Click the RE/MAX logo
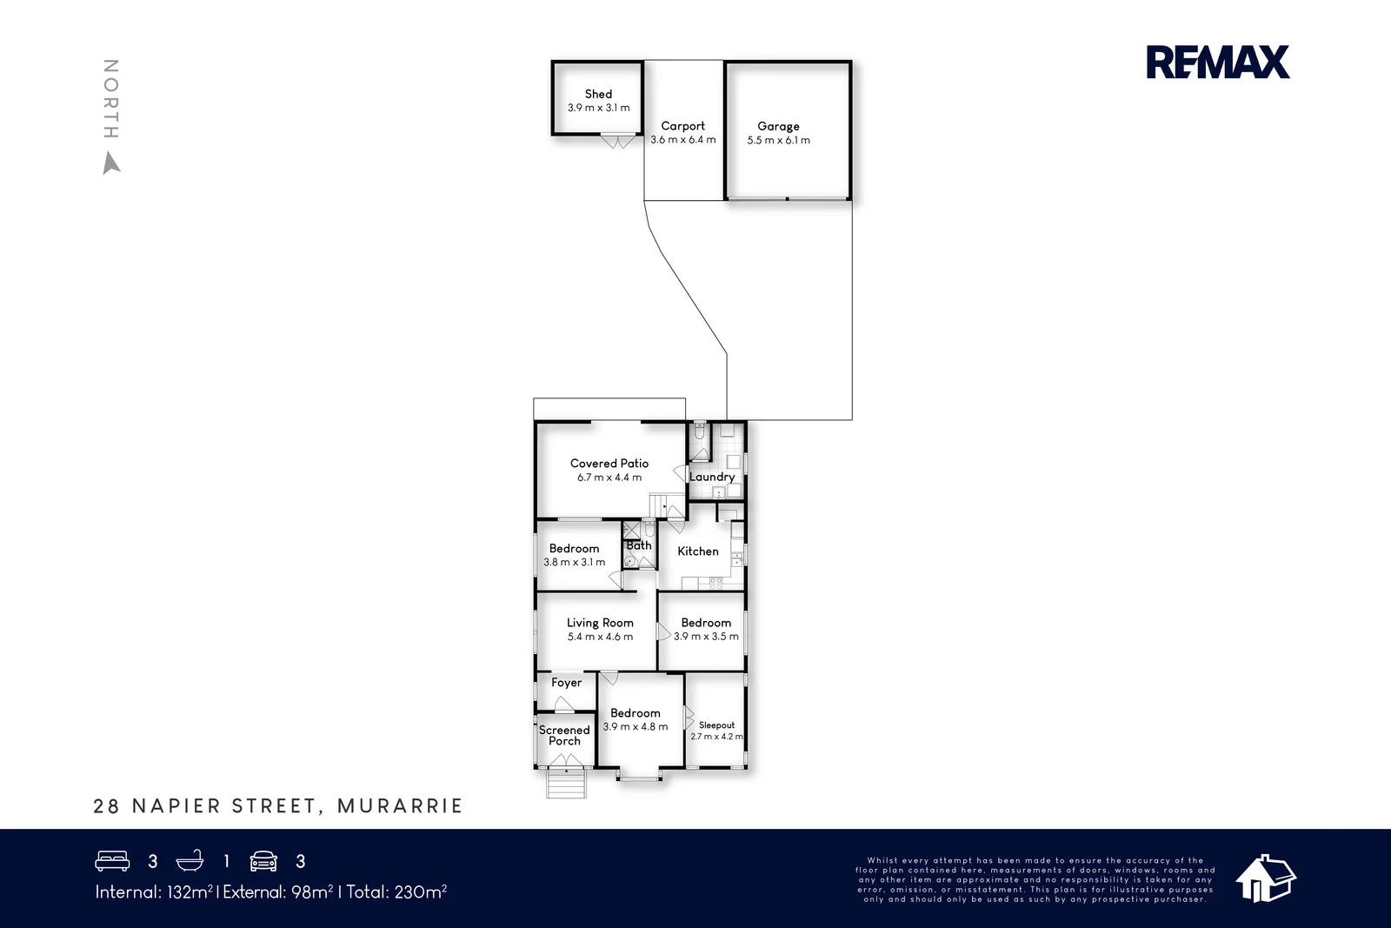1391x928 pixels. click(x=1218, y=62)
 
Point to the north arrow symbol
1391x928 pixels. click(x=111, y=164)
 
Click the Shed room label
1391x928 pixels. click(x=599, y=94)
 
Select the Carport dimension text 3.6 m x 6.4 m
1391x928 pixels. click(x=683, y=140)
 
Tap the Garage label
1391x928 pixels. click(x=778, y=126)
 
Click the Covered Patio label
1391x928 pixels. click(x=609, y=464)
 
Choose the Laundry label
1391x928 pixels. click(x=712, y=477)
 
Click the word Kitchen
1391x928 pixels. click(x=698, y=551)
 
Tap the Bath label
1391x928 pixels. click(x=639, y=545)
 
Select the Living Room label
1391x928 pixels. click(x=600, y=623)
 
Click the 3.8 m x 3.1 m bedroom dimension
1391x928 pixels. click(x=575, y=562)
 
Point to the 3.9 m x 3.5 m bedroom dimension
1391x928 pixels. click(x=706, y=636)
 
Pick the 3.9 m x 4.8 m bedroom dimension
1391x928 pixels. click(x=636, y=727)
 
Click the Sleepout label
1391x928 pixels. click(x=716, y=724)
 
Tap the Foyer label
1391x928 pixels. click(x=566, y=683)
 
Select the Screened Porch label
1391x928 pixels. click(x=564, y=736)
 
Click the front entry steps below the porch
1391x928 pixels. click(x=566, y=784)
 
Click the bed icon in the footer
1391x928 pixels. click(x=112, y=861)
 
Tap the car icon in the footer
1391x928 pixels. click(x=263, y=861)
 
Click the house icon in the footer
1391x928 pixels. click(x=1266, y=878)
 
